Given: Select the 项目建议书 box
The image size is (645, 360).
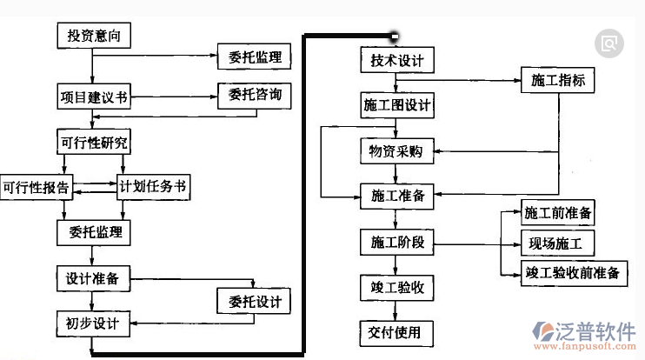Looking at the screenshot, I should [x=92, y=96].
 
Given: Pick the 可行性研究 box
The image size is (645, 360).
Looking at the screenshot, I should [x=91, y=143].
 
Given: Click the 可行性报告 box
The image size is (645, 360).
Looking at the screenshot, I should [x=36, y=186].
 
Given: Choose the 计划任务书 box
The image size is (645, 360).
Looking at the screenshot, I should [x=153, y=186].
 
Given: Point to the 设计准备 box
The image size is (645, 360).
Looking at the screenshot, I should [x=92, y=279].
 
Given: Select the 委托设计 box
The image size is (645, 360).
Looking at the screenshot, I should [x=255, y=303].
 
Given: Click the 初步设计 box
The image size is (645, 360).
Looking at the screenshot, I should [x=92, y=324].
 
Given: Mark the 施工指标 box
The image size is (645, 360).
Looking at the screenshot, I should [x=558, y=81].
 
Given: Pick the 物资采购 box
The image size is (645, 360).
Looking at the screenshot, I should [x=396, y=151].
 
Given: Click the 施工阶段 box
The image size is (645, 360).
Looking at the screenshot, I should [x=396, y=241].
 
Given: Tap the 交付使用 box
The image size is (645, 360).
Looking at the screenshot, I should [x=396, y=331].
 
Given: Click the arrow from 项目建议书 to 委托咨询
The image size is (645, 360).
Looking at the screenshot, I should [x=174, y=95].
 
